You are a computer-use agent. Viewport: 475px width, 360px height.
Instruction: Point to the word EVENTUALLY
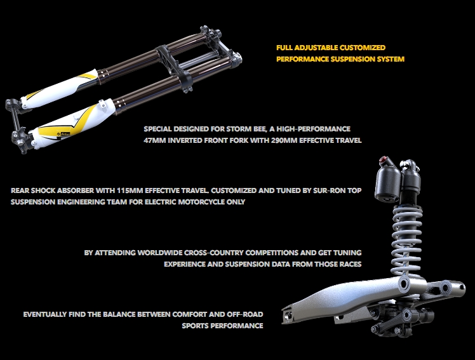45,314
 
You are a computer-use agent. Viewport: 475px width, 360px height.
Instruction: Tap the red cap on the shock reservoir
384,159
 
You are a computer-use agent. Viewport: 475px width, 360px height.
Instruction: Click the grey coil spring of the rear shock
407,239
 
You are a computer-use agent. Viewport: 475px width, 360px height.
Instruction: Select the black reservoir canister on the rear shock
388,183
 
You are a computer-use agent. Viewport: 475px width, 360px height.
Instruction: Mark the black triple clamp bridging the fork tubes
173,66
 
